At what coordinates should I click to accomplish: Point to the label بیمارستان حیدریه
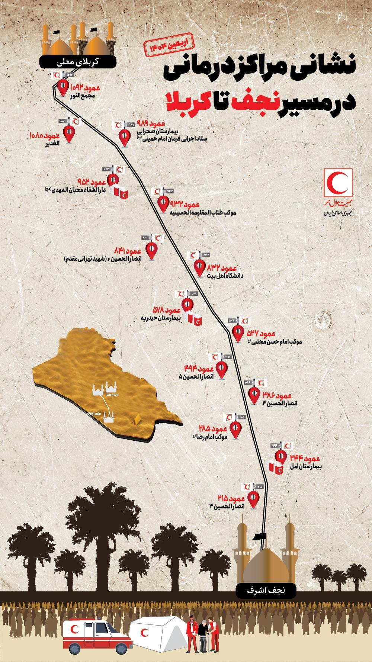(161, 318)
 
